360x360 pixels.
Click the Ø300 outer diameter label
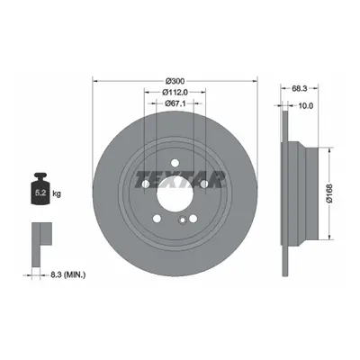pos(175,81)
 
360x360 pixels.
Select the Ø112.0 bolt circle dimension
pos(175,92)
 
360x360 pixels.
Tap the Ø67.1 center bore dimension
pos(175,103)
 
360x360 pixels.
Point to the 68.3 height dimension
pos(299,88)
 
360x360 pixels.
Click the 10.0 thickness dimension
pos(306,105)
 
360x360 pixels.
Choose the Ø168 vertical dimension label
pos(330,193)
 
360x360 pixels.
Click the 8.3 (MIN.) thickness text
pos(67,274)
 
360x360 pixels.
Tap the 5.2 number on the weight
pos(40,193)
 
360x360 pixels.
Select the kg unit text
pos(57,193)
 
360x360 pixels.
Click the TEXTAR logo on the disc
pos(180,180)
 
